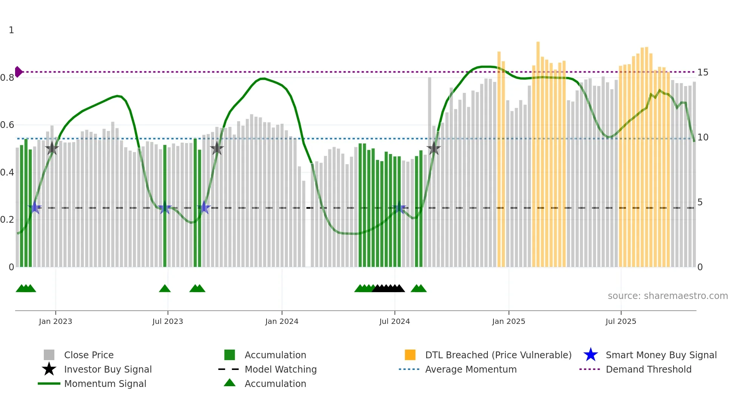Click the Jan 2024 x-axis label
tap(282, 321)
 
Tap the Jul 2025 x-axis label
tap(621, 321)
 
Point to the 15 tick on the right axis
tap(703, 72)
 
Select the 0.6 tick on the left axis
tap(7, 125)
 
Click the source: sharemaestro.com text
tap(668, 296)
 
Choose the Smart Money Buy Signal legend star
tap(590, 355)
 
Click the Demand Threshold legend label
tap(648, 369)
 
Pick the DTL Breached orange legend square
tap(410, 355)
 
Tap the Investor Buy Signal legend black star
tap(49, 369)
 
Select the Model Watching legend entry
tap(280, 369)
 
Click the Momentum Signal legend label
tap(105, 384)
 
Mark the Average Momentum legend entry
tap(470, 369)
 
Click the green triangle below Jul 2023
tap(165, 288)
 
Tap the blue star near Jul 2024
tap(399, 208)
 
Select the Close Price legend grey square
tap(49, 355)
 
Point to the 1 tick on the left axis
tap(11, 30)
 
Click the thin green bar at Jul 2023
tap(165, 206)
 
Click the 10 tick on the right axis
tap(703, 137)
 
